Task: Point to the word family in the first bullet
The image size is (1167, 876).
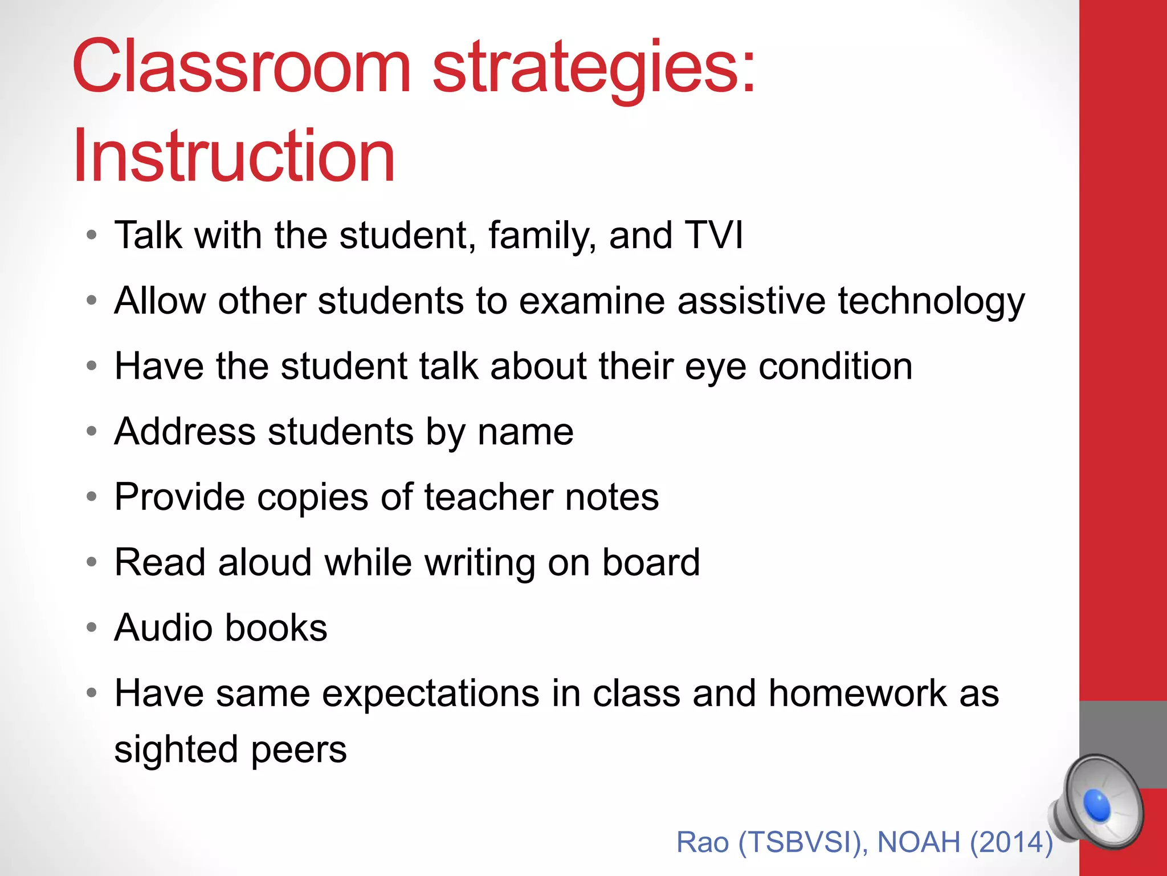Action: [x=542, y=236]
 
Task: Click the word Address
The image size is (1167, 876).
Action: [x=185, y=431]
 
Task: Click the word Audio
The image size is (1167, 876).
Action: [x=164, y=627]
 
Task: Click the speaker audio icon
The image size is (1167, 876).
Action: [x=1097, y=804]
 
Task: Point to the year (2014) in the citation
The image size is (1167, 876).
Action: [x=1011, y=842]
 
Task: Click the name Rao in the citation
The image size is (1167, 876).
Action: [x=703, y=842]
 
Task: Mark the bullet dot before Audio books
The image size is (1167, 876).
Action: [x=92, y=628]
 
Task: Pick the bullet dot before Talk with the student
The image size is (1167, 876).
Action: [x=92, y=235]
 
